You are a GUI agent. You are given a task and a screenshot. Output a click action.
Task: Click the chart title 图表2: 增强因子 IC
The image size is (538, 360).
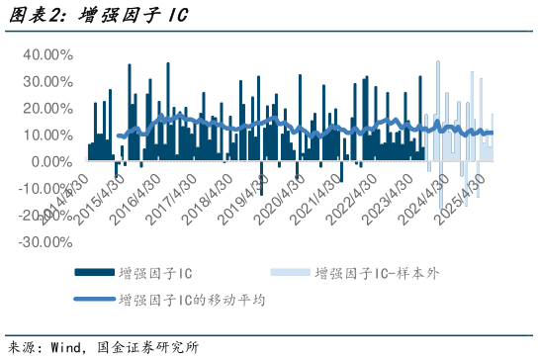click(97, 17)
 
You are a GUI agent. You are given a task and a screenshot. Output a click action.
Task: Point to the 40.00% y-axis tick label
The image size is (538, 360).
click(46, 55)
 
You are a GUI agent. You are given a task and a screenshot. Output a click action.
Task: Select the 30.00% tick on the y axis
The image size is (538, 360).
click(46, 82)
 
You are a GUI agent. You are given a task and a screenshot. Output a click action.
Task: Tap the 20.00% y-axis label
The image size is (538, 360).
click(46, 109)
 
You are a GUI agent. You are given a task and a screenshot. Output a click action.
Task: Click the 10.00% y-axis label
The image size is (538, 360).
click(46, 135)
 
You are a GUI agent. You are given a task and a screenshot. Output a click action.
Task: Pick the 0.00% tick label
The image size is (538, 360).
click(50, 162)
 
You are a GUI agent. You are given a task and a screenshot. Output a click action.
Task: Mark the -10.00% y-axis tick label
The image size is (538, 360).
click(45, 189)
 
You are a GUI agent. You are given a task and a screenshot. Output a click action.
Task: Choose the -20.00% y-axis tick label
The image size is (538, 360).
click(45, 216)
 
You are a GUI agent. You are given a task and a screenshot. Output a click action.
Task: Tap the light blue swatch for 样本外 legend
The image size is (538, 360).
click(287, 274)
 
